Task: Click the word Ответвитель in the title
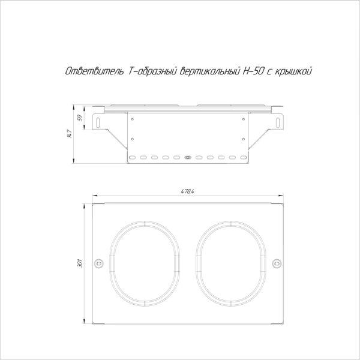pos(94,71)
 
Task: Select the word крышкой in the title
pos(293,71)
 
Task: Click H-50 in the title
pos(253,71)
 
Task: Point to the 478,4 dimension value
pos(187,191)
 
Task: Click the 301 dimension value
pos(80,263)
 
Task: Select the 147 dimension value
pos(70,134)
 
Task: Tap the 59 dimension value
pos(80,118)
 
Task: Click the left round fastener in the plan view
pos(99,263)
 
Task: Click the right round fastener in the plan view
pos(277,263)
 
